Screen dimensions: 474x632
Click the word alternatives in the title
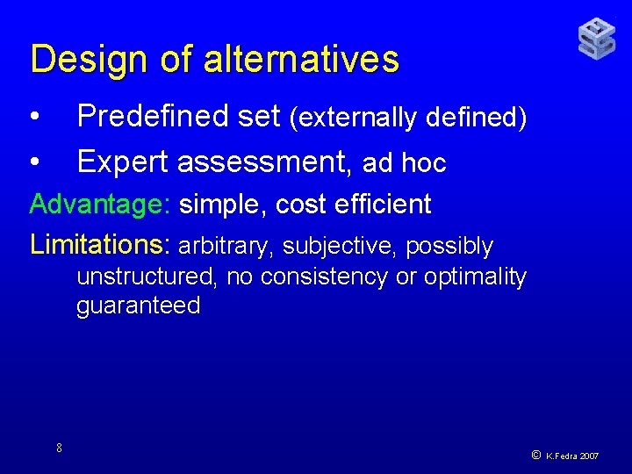point(301,60)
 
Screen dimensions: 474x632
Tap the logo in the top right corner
point(596,39)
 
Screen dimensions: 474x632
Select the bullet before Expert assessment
point(34,162)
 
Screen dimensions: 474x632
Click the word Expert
point(123,162)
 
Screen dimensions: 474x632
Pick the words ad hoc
point(405,163)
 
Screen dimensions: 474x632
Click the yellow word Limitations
point(103,244)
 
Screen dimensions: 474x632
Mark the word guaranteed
point(139,305)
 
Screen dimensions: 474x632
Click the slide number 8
point(59,449)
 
